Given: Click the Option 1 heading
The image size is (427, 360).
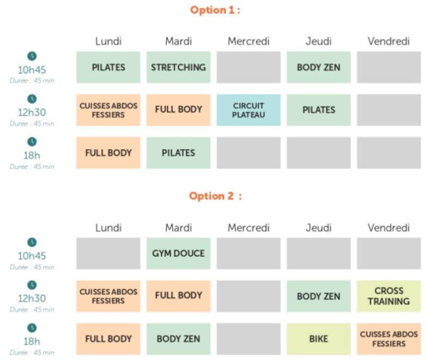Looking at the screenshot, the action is click(x=215, y=10).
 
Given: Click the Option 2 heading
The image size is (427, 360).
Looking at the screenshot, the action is click(x=216, y=196).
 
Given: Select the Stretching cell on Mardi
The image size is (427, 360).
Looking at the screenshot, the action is click(x=179, y=68).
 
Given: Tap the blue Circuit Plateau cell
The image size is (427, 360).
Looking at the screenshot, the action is click(x=248, y=110).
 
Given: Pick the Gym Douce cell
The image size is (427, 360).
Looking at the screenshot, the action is click(x=179, y=254).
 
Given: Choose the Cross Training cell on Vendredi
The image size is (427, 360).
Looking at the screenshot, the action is click(x=389, y=296).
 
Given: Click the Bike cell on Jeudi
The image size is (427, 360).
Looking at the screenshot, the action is click(x=319, y=339).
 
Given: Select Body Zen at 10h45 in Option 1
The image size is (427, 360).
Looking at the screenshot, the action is click(x=319, y=68).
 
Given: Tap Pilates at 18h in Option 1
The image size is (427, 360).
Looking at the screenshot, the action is click(x=179, y=152).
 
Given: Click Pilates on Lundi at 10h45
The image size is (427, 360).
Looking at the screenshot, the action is click(x=108, y=68).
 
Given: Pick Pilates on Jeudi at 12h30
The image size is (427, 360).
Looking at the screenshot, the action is click(x=319, y=110).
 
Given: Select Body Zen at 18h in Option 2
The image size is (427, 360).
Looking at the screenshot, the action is click(x=179, y=339).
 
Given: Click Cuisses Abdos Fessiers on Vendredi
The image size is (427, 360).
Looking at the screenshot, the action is click(x=389, y=339).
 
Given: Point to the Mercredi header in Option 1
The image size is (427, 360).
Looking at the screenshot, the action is click(x=248, y=41).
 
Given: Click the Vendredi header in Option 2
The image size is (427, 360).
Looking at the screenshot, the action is click(x=389, y=228).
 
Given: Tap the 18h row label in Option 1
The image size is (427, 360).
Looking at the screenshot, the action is click(x=32, y=156).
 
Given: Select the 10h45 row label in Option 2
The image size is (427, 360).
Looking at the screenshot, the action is click(x=32, y=256).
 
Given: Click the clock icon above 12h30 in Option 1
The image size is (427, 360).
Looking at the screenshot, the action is click(x=32, y=99).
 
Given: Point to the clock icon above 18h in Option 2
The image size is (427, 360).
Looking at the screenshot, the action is click(x=32, y=328).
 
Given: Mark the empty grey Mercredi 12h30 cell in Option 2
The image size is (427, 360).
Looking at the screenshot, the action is click(x=248, y=296).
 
